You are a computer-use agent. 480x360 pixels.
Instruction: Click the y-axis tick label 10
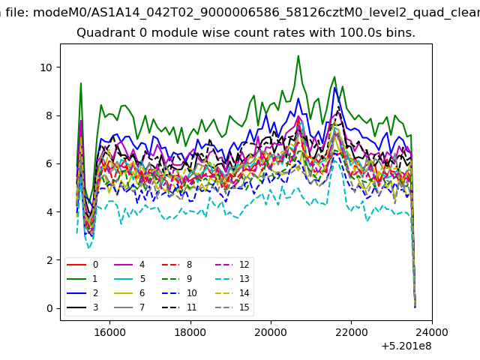[x=46, y=67]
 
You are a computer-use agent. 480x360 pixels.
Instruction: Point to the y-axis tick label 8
[x=49, y=115]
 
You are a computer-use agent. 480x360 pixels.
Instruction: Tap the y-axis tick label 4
[x=49, y=212]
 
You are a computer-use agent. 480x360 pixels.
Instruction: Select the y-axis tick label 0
[x=49, y=308]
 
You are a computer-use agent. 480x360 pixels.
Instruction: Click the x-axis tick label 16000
[x=109, y=332]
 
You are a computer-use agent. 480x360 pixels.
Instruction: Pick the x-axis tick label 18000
[x=190, y=332]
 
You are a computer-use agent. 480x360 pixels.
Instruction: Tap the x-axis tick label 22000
[x=352, y=332]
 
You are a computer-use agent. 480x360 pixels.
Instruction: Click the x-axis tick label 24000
[x=432, y=332]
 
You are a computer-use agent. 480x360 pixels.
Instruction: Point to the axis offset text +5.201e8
[x=406, y=346]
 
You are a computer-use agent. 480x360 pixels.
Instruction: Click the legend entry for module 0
[x=82, y=265]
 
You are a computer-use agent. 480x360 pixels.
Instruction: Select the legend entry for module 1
[x=82, y=279]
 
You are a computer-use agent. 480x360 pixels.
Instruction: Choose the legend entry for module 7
[x=129, y=307]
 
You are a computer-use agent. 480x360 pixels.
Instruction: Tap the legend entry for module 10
[x=179, y=293]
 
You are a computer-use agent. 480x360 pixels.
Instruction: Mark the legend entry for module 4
[x=129, y=265]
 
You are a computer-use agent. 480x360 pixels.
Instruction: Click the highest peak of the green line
[x=298, y=56]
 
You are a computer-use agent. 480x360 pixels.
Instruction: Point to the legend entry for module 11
[x=179, y=307]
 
